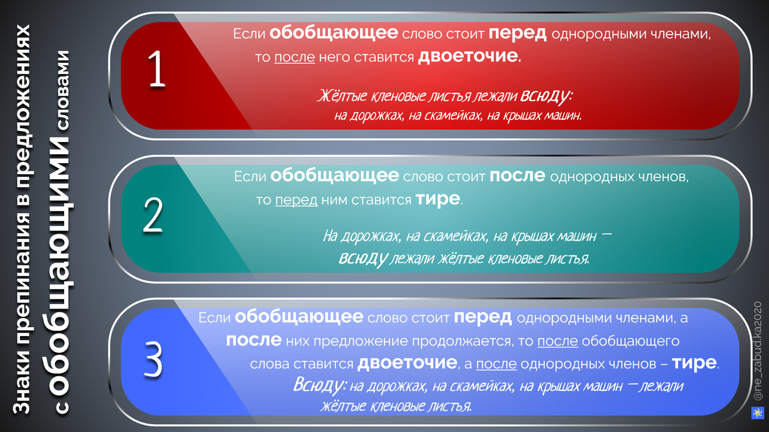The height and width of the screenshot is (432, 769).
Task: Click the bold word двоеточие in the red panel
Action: (468, 57)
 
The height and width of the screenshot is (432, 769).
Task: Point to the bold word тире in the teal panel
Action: (438, 200)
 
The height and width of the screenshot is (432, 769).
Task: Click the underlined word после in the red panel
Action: (295, 58)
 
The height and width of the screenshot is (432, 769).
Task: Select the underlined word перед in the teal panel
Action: (296, 200)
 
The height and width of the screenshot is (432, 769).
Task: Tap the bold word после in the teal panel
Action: (518, 176)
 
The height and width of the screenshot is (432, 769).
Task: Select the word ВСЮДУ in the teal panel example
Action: (362, 259)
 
